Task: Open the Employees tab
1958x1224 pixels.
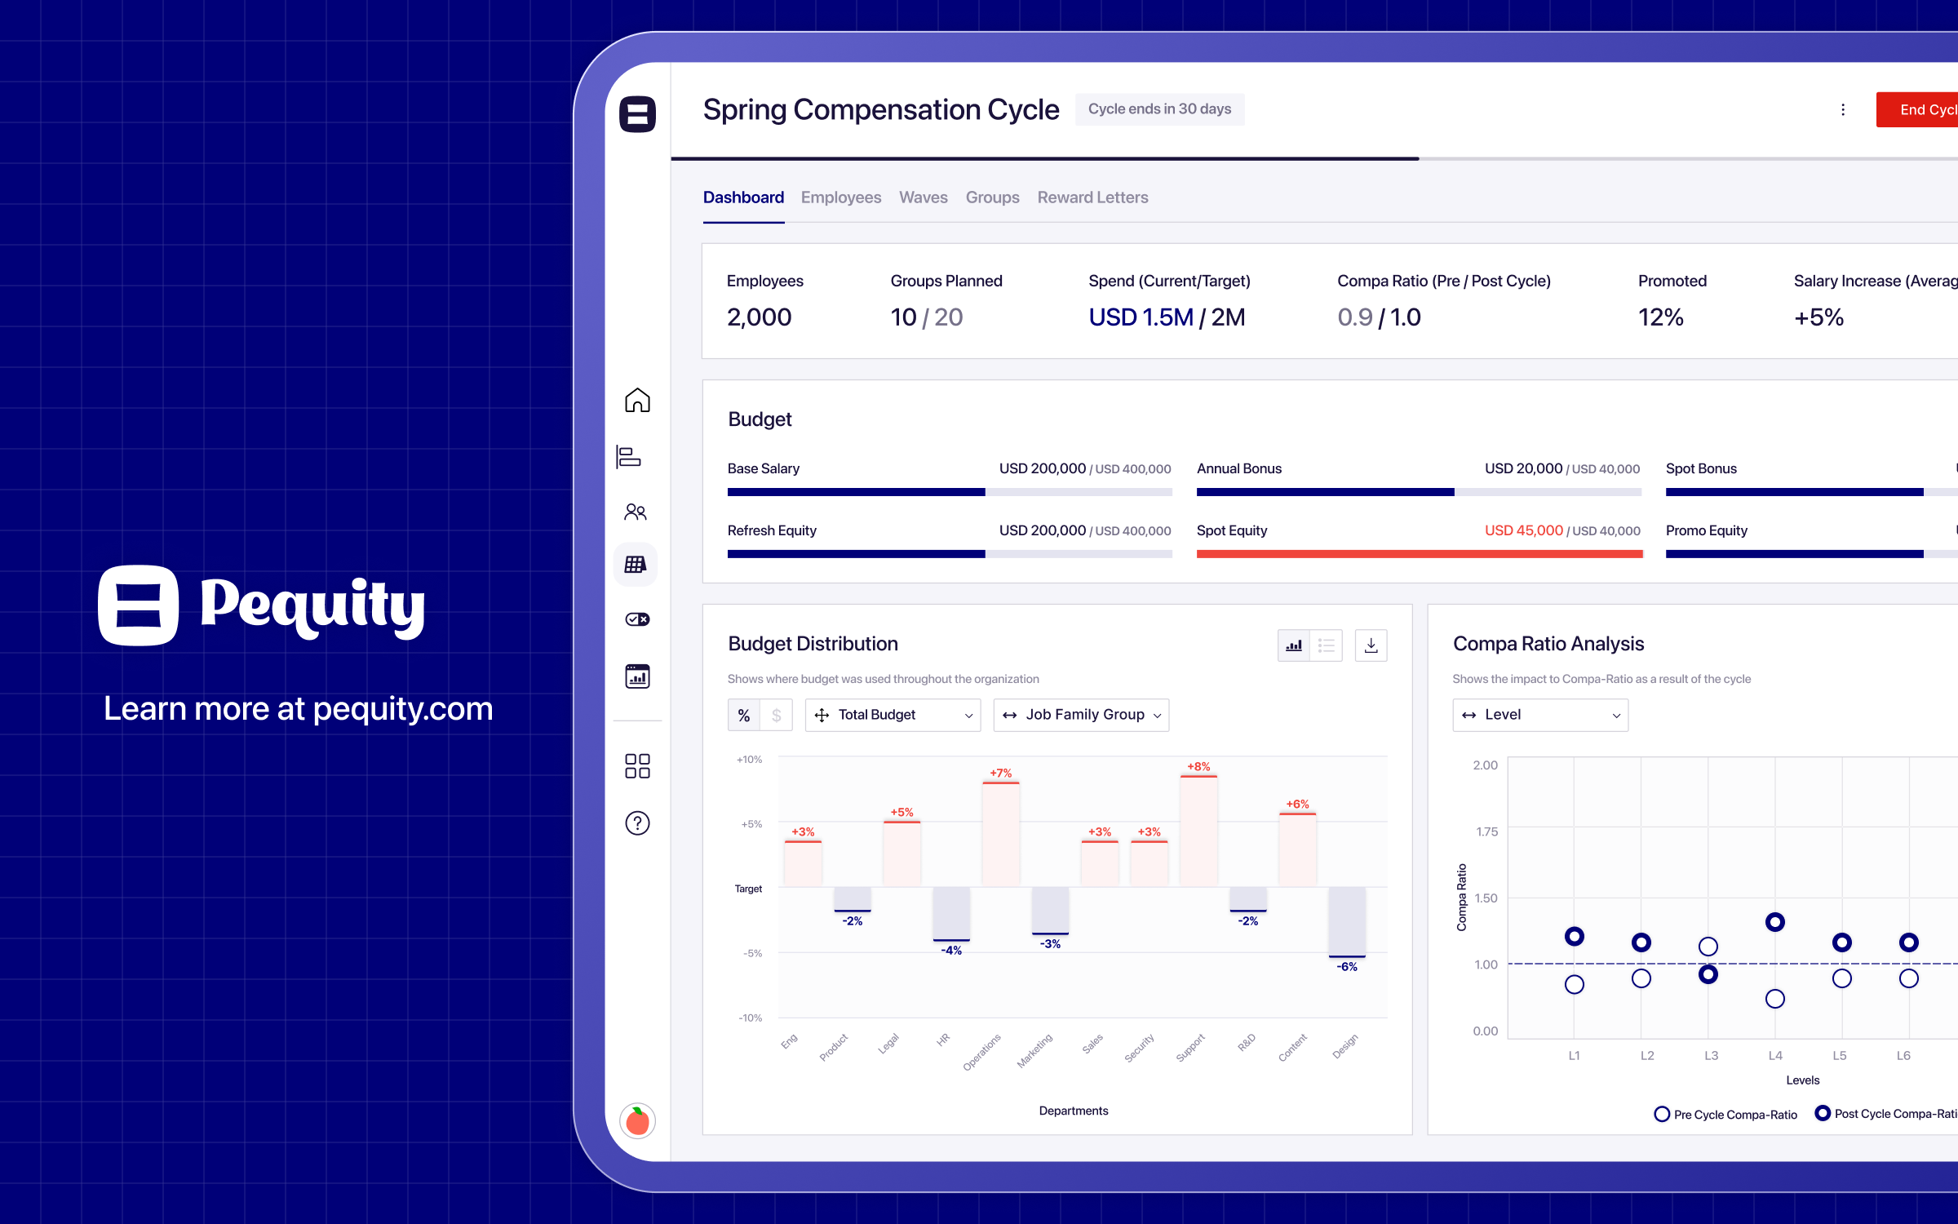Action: [x=840, y=197]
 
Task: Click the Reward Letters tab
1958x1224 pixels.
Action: [x=1092, y=197]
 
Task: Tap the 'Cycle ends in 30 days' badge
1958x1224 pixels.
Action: [x=1159, y=109]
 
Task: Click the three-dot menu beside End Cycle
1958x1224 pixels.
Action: [x=1842, y=109]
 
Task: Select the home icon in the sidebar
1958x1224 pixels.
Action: [x=637, y=400]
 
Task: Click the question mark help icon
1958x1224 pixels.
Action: [x=637, y=823]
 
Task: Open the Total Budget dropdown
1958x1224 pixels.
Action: [x=893, y=715]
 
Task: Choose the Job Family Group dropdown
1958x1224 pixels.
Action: [x=1080, y=715]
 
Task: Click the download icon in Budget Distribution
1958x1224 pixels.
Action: [x=1371, y=645]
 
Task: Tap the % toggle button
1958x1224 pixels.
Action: [x=743, y=716]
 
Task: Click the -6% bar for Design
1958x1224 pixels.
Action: [x=1346, y=922]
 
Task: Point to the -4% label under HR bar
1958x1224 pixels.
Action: [x=951, y=951]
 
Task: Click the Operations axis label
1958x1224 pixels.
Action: [x=981, y=1052]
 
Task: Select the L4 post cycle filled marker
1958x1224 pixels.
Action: [x=1774, y=922]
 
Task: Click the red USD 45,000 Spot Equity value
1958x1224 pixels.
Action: [x=1523, y=530]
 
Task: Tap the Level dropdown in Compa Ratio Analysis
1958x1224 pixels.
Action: [x=1539, y=715]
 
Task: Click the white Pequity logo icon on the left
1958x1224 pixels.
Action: [x=139, y=605]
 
